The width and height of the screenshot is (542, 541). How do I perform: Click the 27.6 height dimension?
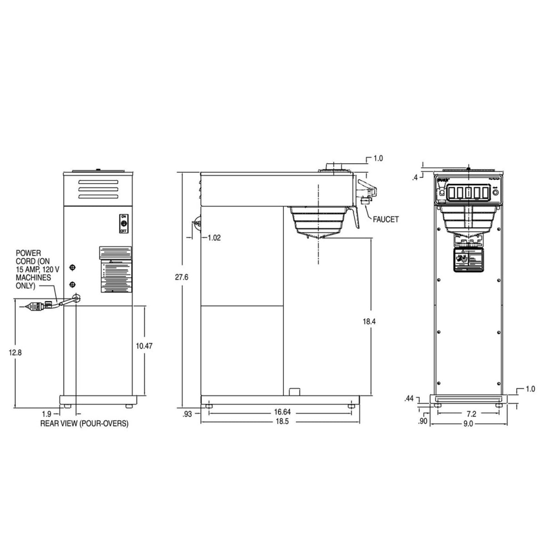181,277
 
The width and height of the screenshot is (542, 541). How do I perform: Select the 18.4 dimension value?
369,321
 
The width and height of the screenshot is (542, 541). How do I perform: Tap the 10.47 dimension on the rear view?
144,346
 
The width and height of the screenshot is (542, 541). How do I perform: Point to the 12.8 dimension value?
15,353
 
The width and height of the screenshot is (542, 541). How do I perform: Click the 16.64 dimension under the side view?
282,412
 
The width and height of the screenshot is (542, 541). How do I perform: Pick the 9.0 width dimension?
468,424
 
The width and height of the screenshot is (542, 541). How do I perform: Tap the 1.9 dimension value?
47,413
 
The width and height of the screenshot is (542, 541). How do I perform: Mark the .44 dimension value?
410,398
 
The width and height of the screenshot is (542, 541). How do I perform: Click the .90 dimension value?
423,421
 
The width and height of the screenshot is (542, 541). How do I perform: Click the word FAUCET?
386,219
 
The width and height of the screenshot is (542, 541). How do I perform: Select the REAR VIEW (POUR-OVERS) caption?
84,424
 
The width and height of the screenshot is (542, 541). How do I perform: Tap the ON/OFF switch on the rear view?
123,224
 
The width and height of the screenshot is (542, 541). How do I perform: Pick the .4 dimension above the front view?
415,178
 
